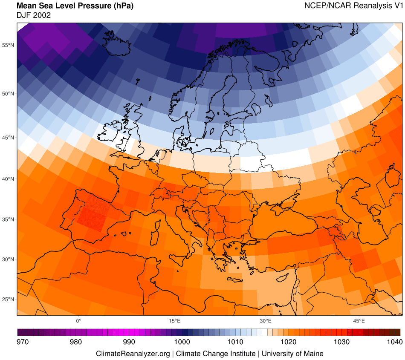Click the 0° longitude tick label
coord(78,320)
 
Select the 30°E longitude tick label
coord(266,320)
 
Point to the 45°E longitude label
coord(359,320)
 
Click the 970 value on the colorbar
coord(22,342)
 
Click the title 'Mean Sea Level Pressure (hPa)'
coord(75,6)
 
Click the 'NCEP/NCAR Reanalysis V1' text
coord(353,6)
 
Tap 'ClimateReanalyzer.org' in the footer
coord(133,354)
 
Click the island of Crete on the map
coord(236,279)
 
